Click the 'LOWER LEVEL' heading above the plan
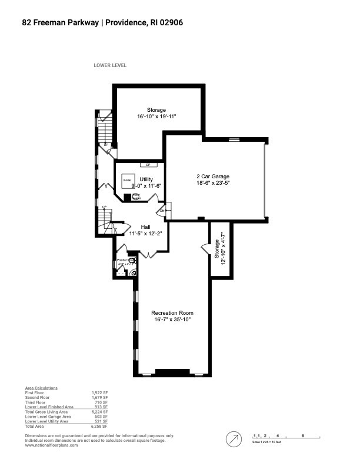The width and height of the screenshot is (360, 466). click(110, 65)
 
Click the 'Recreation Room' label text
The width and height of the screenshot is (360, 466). click(172, 312)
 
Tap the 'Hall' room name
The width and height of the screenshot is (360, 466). click(146, 227)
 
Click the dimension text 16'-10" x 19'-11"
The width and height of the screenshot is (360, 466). click(156, 116)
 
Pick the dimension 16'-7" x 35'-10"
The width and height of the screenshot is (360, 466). click(172, 319)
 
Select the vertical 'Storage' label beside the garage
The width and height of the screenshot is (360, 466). click(216, 249)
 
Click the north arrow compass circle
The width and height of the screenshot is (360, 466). click(234, 439)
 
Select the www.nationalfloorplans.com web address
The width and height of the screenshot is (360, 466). click(51, 445)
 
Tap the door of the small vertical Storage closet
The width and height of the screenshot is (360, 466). click(206, 249)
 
